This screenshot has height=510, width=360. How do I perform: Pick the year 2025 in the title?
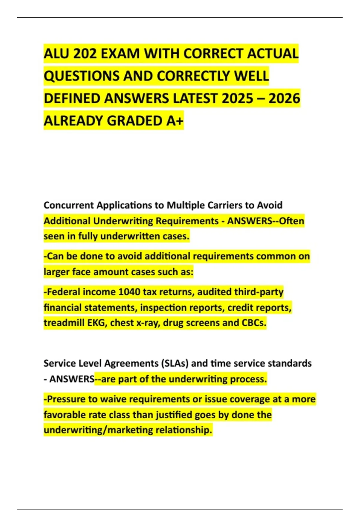(237, 98)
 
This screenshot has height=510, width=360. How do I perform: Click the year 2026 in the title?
(284, 98)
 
